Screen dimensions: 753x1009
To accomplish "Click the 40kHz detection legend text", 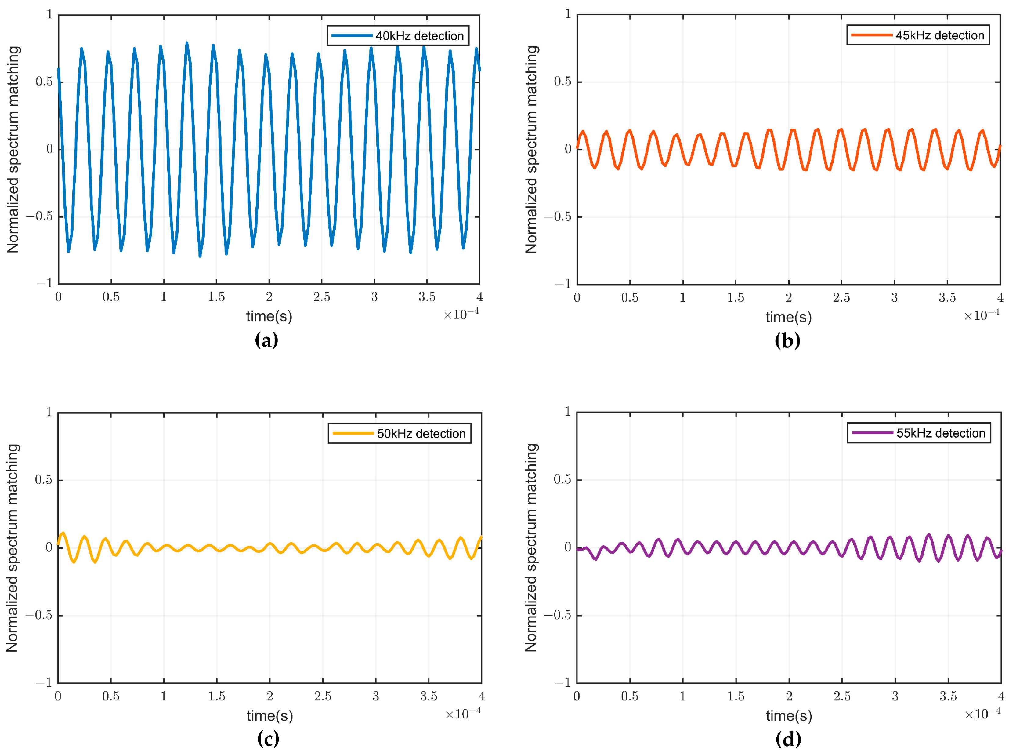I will click(x=419, y=35).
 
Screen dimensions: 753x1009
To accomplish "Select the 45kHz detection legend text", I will click(x=939, y=35).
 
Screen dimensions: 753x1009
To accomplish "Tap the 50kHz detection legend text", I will click(x=421, y=434).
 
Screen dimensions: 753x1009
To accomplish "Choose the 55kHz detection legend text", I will click(x=940, y=433).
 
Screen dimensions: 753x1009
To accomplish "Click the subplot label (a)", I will click(x=266, y=340).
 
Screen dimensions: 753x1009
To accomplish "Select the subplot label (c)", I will click(x=268, y=738).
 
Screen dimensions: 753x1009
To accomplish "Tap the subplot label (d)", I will click(x=788, y=738).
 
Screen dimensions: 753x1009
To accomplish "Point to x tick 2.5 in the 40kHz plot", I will click(x=322, y=297).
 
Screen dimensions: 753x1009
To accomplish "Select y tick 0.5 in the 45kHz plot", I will click(x=562, y=82).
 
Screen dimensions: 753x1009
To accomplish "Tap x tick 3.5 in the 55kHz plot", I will click(x=948, y=696).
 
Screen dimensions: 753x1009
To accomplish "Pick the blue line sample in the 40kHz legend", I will click(x=351, y=35).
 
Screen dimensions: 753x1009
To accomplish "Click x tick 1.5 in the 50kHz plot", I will click(x=216, y=696).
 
